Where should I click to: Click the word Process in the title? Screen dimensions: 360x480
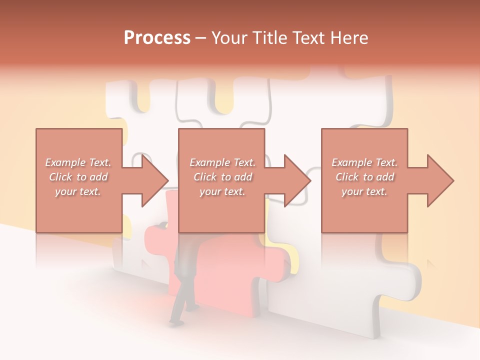[x=157, y=38]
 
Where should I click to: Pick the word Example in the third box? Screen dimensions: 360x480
[x=352, y=162]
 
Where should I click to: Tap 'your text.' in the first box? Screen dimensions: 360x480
[x=78, y=191]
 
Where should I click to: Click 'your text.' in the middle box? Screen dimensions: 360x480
[x=222, y=191]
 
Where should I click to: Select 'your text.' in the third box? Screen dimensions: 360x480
[x=364, y=191]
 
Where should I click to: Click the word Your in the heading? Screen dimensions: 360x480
[x=229, y=38]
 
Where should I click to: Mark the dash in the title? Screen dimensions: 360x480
[x=200, y=38]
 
